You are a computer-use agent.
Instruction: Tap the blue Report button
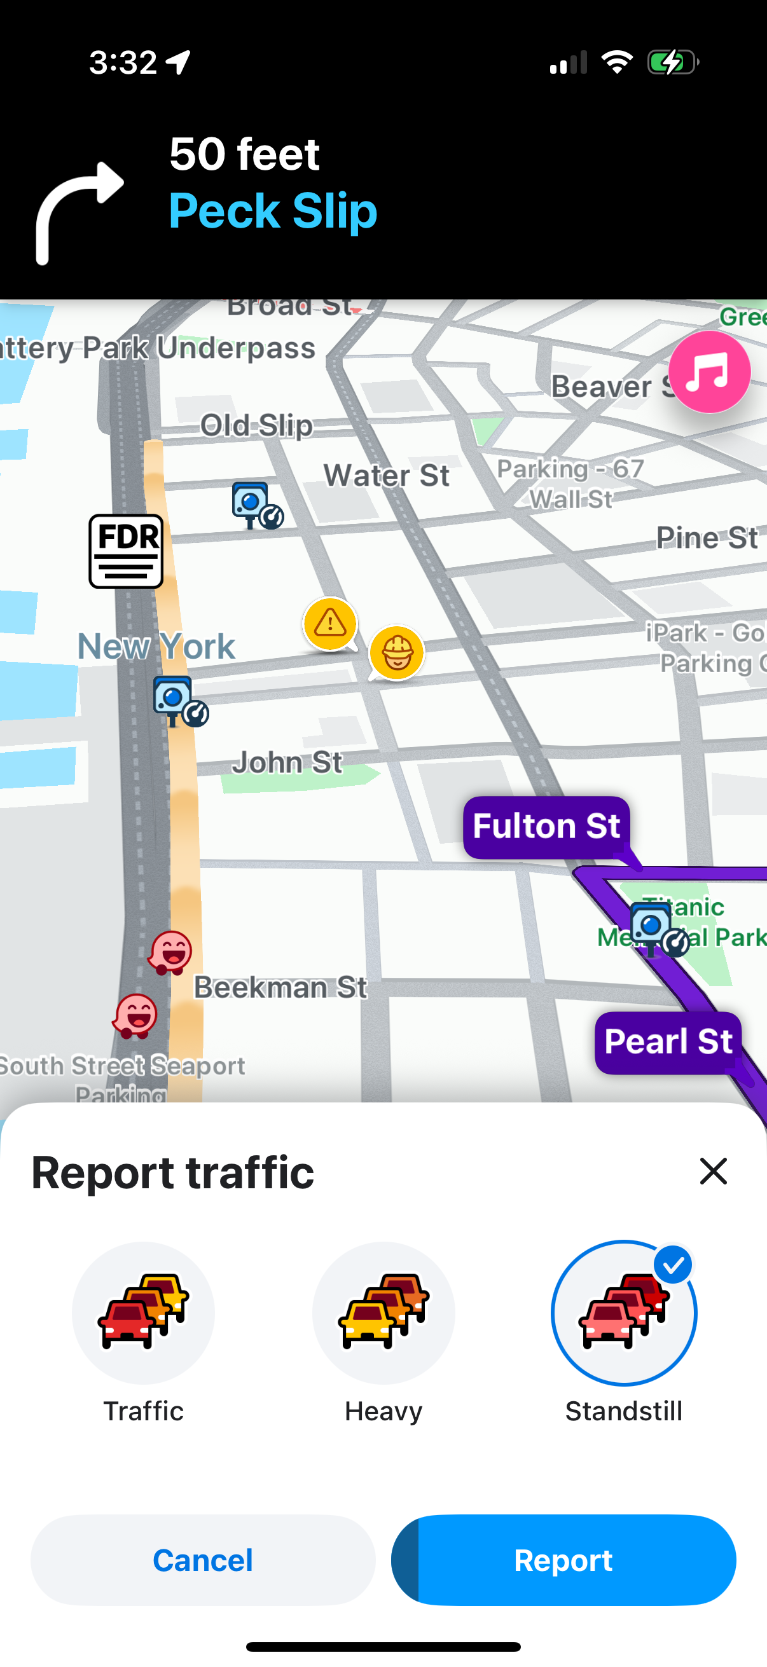click(563, 1560)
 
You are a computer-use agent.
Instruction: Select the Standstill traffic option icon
click(623, 1312)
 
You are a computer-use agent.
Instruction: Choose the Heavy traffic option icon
click(383, 1312)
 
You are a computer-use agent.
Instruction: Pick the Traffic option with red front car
click(143, 1312)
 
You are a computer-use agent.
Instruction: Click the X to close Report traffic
click(714, 1171)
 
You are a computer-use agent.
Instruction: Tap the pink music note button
click(708, 372)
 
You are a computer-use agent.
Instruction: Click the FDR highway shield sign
click(125, 551)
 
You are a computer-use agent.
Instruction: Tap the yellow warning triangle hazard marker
click(330, 624)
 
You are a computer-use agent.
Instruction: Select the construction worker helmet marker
click(397, 652)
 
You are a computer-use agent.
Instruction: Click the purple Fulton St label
click(546, 827)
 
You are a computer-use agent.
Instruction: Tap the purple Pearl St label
click(667, 1042)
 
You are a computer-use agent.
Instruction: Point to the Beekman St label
click(280, 987)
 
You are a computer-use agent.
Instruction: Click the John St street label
click(287, 762)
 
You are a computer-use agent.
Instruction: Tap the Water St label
click(387, 476)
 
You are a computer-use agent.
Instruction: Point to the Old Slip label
click(256, 425)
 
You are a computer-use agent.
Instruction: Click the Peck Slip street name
click(272, 211)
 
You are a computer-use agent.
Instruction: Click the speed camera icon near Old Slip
click(256, 505)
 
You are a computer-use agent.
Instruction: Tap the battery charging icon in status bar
click(672, 63)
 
